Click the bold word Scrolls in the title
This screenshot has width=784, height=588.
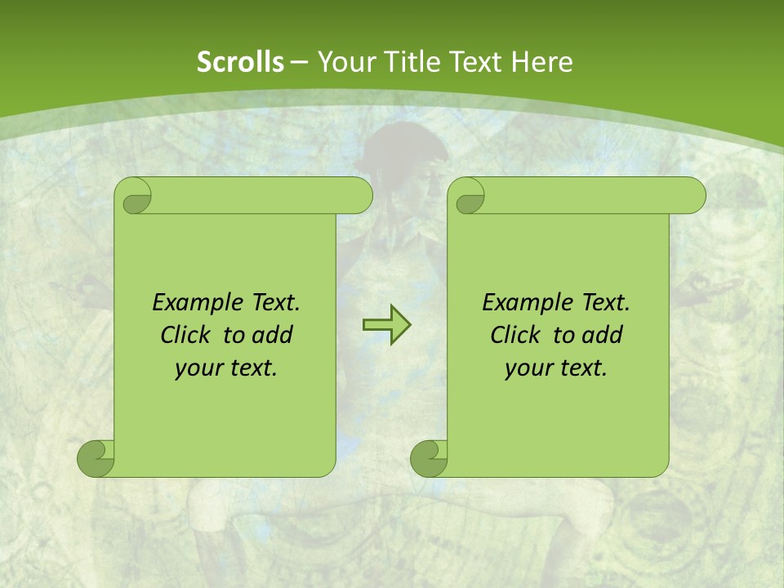point(240,62)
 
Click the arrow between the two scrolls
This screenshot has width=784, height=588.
point(386,325)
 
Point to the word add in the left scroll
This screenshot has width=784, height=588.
point(273,335)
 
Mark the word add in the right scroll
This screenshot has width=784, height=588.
point(603,335)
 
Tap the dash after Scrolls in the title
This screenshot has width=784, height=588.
point(299,62)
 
